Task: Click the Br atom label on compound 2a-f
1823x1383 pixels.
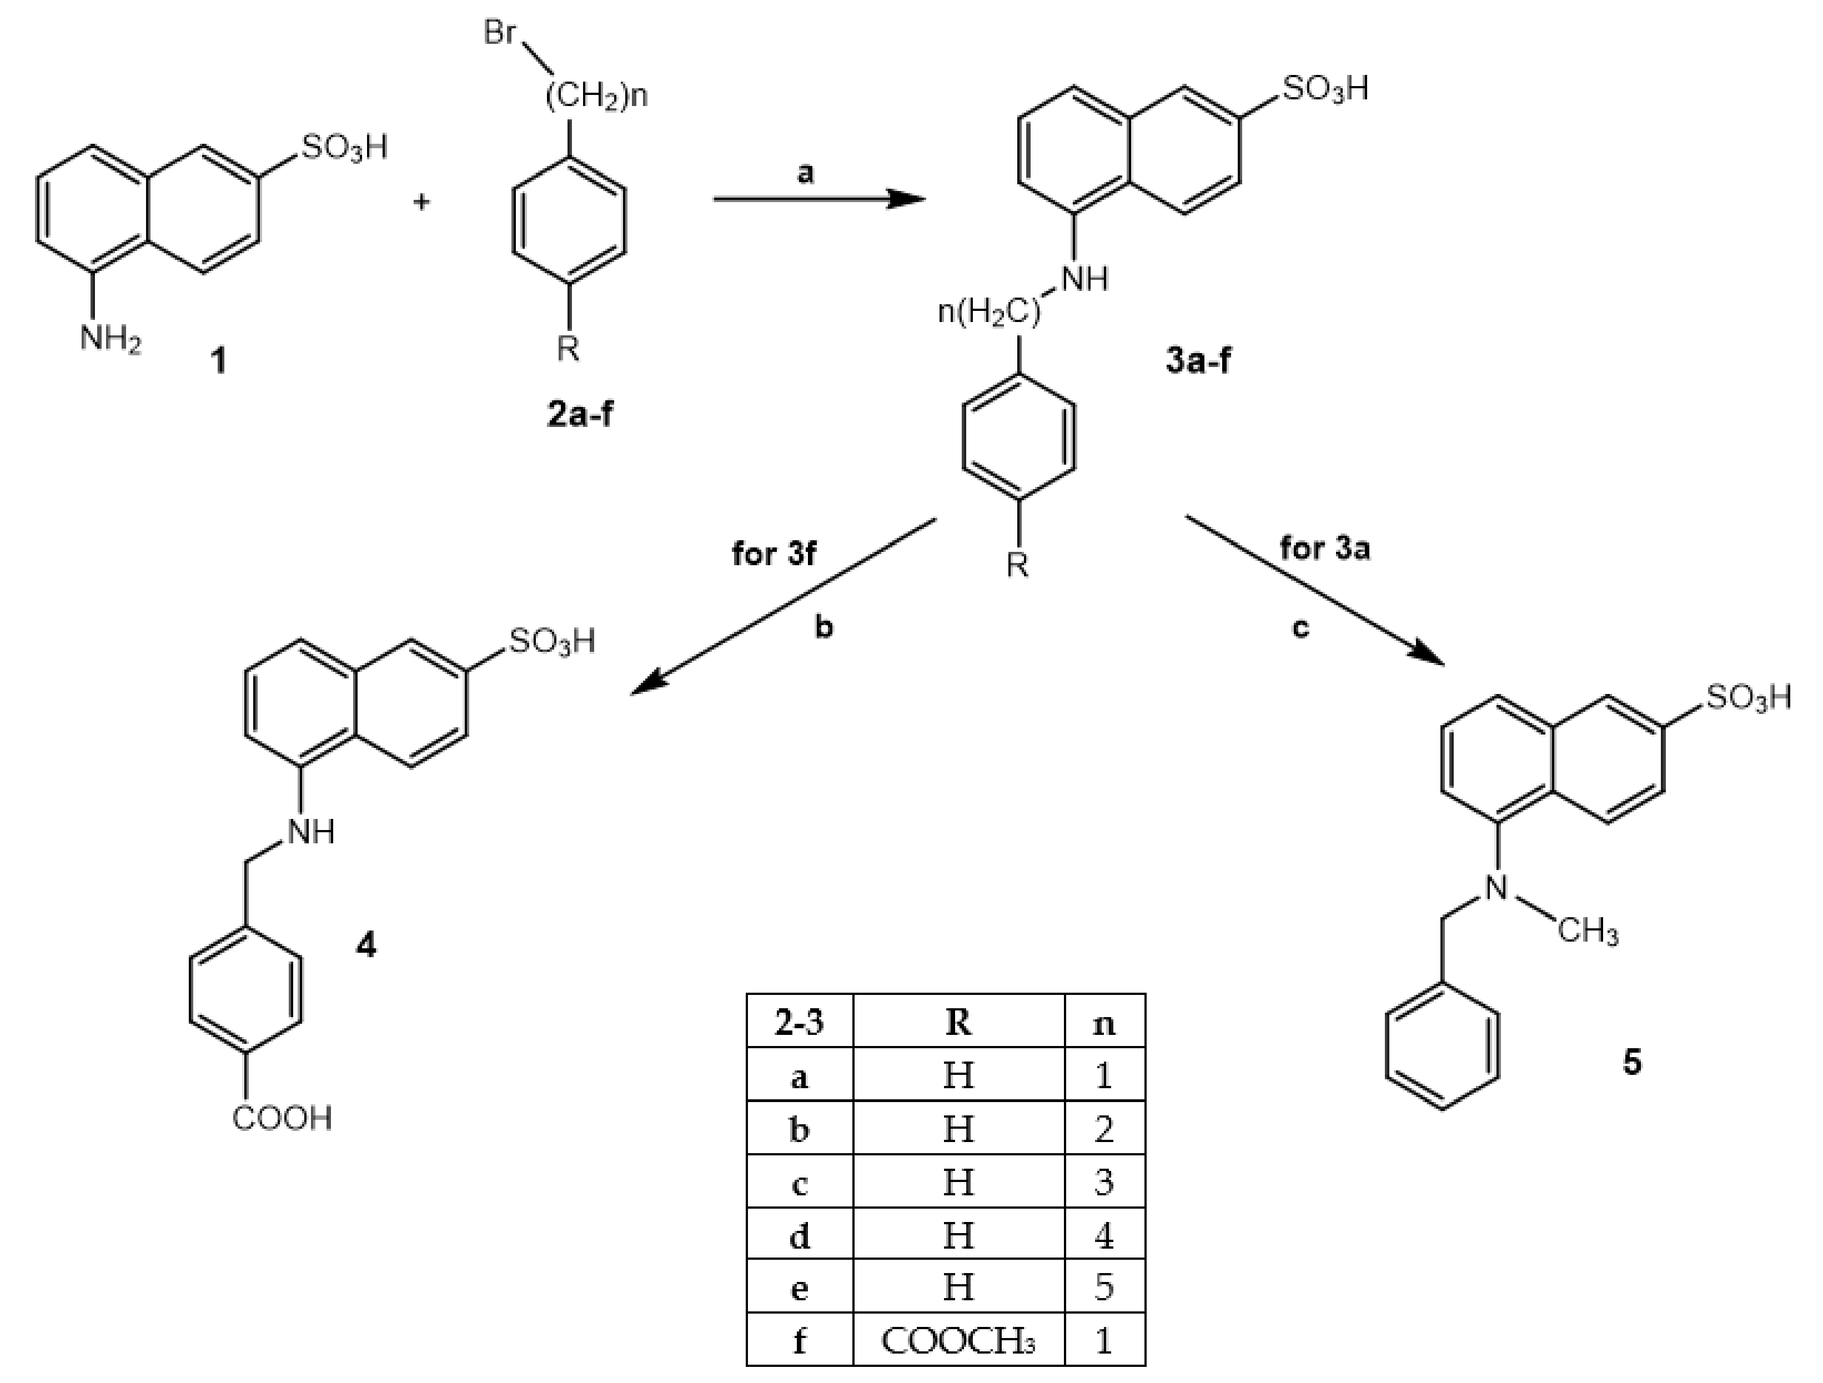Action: pyautogui.click(x=500, y=33)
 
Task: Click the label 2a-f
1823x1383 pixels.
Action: pyautogui.click(x=580, y=414)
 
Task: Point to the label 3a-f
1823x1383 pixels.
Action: pyautogui.click(x=1198, y=360)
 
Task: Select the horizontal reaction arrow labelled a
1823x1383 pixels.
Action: pyautogui.click(x=818, y=199)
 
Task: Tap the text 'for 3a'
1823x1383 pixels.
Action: pyautogui.click(x=1324, y=548)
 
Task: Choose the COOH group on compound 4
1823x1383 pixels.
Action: pyautogui.click(x=282, y=1118)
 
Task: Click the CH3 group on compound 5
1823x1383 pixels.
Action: pyautogui.click(x=1588, y=932)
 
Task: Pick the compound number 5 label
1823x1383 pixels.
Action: pyautogui.click(x=1632, y=1063)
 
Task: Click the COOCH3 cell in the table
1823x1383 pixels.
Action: pyautogui.click(x=958, y=1342)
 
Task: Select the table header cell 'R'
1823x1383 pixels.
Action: pyautogui.click(x=958, y=1022)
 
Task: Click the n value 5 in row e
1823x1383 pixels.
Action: pyautogui.click(x=1104, y=1288)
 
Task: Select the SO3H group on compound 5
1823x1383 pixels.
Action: pyautogui.click(x=1749, y=698)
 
